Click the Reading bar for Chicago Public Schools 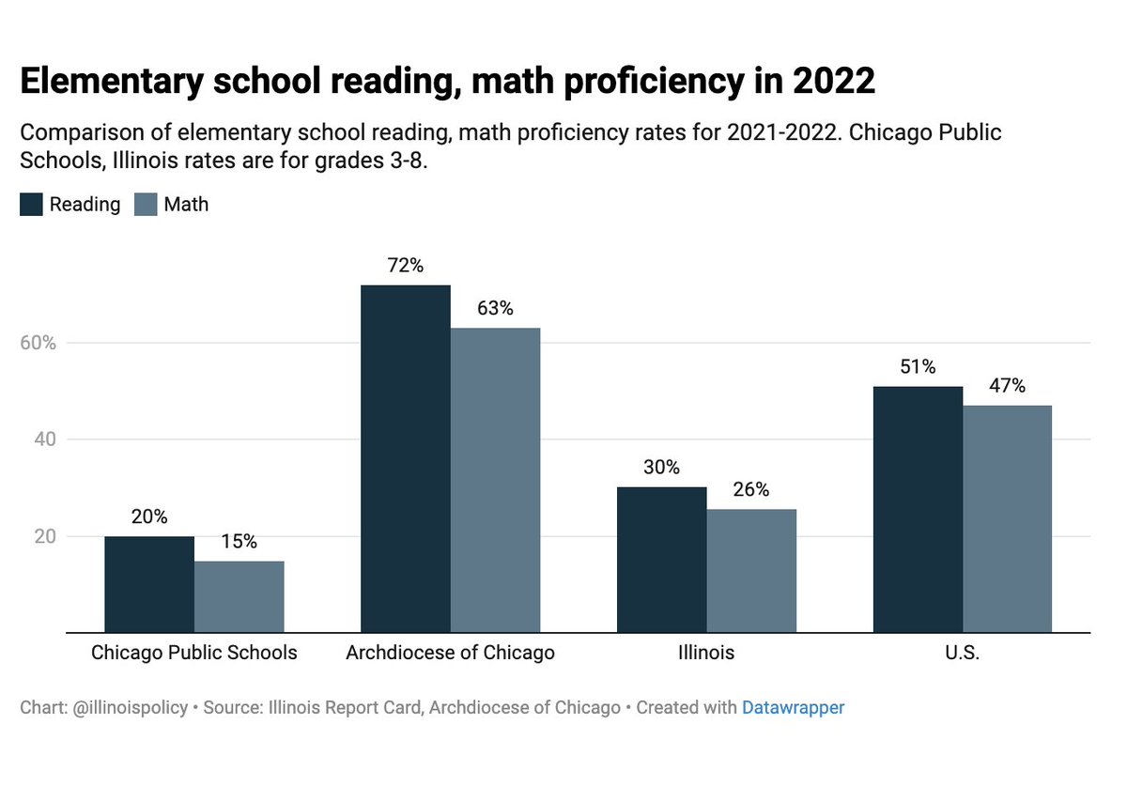[x=149, y=584]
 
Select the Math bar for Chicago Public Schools [x=239, y=596]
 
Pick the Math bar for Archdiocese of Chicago [x=496, y=480]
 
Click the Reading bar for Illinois [x=662, y=560]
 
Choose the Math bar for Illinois [x=751, y=570]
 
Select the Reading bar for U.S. [x=918, y=509]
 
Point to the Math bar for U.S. [x=1008, y=519]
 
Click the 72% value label [x=406, y=266]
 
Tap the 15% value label [x=239, y=542]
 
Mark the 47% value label [x=1008, y=386]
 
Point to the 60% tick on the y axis [x=39, y=343]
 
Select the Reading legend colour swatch [x=31, y=204]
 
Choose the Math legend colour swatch [x=147, y=204]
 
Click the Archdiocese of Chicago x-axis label [x=450, y=653]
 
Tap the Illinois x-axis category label [x=706, y=653]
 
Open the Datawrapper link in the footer [x=793, y=707]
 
